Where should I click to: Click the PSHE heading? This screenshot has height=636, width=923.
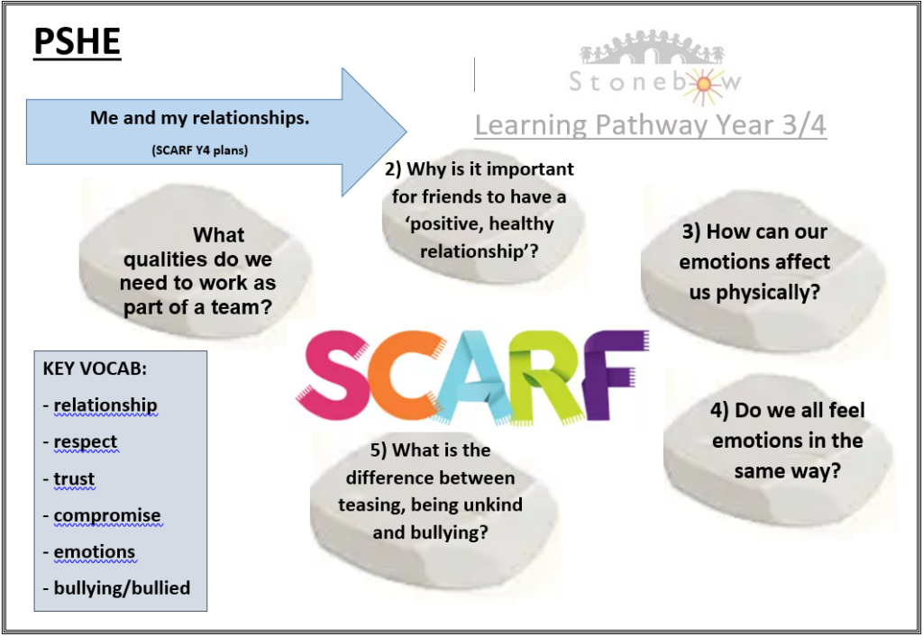78,41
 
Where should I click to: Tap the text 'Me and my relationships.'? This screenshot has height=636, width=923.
199,118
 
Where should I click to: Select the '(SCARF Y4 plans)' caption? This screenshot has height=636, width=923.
199,150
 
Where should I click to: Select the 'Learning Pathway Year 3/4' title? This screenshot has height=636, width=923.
651,124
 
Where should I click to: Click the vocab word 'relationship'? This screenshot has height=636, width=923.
105,405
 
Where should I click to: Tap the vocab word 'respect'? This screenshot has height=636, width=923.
86,441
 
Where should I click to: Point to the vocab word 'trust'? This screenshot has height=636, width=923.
74,479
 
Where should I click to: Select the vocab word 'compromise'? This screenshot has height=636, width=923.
107,515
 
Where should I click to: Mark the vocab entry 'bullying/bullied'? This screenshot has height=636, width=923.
122,587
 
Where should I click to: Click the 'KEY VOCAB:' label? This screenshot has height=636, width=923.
95,368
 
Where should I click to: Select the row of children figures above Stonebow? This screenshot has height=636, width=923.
653,47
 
